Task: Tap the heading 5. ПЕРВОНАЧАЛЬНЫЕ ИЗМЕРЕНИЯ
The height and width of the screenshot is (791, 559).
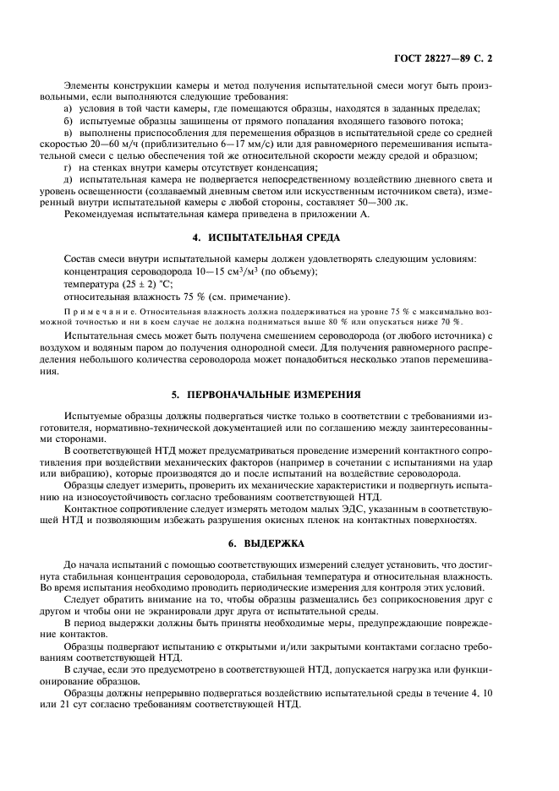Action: (279, 394)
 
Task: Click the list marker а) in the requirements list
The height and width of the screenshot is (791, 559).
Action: (69, 108)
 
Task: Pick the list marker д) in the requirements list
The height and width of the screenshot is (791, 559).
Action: (69, 179)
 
